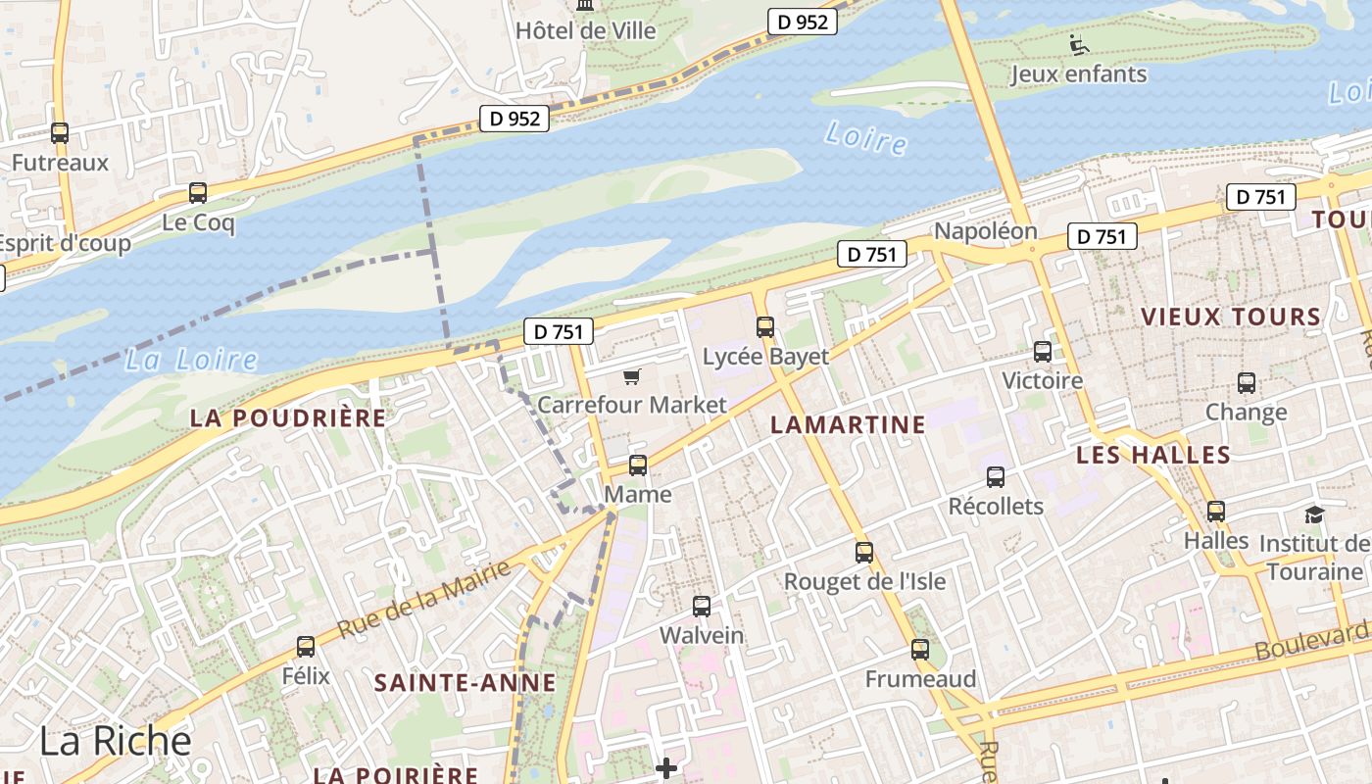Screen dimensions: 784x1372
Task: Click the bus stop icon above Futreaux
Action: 60,133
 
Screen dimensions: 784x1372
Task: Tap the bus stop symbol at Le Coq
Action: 198,193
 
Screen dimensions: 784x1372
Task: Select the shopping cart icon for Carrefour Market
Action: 632,376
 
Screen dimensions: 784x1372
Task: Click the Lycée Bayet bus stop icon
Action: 765,327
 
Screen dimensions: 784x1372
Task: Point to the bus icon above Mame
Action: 638,465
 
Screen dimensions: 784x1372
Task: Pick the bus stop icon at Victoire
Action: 1043,352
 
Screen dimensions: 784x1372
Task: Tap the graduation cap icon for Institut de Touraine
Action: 1314,514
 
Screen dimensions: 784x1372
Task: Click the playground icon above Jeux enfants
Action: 1078,45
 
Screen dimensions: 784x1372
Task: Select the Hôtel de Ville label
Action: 586,30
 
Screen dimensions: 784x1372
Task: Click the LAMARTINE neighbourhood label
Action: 848,424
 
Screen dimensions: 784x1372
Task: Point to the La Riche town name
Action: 115,741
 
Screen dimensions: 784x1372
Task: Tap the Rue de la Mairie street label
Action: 424,599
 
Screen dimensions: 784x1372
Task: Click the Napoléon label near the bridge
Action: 985,231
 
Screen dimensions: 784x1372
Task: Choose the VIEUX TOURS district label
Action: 1231,317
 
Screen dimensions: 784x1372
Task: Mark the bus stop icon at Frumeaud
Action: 920,649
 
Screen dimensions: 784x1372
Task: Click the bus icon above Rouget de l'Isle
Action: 863,552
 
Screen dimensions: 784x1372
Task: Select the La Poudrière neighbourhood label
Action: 288,418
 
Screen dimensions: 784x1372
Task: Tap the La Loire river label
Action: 191,360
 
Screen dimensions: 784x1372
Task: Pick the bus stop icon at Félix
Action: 306,647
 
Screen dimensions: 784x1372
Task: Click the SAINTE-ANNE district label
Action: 465,683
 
